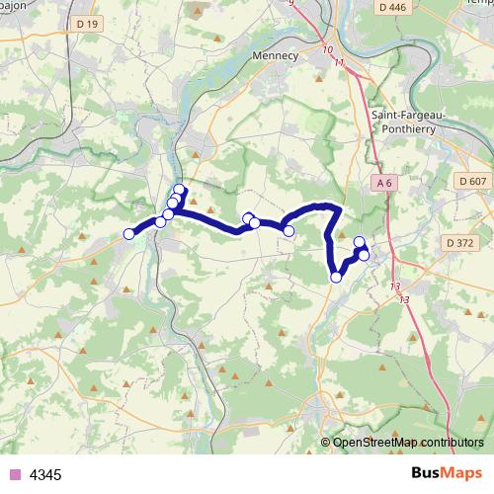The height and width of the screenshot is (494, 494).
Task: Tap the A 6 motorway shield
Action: click(x=385, y=183)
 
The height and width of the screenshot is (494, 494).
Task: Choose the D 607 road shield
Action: click(x=473, y=181)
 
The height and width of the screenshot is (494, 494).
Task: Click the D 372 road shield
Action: click(x=460, y=242)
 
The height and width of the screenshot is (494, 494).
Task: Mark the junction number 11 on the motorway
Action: click(x=340, y=63)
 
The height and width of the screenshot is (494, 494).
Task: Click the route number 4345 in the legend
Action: click(x=46, y=475)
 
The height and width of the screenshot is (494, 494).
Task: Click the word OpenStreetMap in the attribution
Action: click(x=379, y=443)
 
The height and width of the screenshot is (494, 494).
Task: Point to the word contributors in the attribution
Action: click(x=453, y=443)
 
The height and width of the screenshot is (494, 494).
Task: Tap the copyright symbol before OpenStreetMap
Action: click(x=325, y=443)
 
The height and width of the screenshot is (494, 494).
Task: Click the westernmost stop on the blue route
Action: click(x=128, y=233)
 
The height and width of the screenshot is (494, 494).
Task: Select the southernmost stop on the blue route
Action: click(x=336, y=277)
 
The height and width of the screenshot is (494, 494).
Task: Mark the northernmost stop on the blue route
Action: click(x=179, y=190)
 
